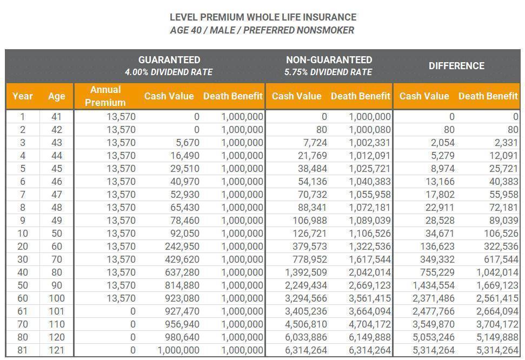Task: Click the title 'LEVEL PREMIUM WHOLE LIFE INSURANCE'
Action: click(263, 17)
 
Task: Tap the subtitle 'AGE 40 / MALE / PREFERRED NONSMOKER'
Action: click(262, 30)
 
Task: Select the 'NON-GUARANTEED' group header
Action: click(329, 59)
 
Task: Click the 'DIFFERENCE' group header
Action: click(456, 65)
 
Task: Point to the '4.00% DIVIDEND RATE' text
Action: click(169, 72)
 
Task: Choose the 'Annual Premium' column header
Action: click(105, 96)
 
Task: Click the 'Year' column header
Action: click(22, 96)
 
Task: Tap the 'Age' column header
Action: click(56, 96)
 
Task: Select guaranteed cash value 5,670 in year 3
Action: click(188, 143)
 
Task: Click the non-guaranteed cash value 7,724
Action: click(315, 143)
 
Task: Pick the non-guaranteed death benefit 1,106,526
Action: click(370, 234)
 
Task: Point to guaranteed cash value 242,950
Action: click(182, 246)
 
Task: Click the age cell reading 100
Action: click(57, 298)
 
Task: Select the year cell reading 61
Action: click(22, 311)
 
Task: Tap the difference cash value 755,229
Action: click(437, 272)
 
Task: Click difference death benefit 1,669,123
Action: click(497, 285)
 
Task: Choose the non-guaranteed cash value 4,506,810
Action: click(305, 324)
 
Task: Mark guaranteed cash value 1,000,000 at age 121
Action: click(178, 350)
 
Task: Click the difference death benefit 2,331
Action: click(506, 143)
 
